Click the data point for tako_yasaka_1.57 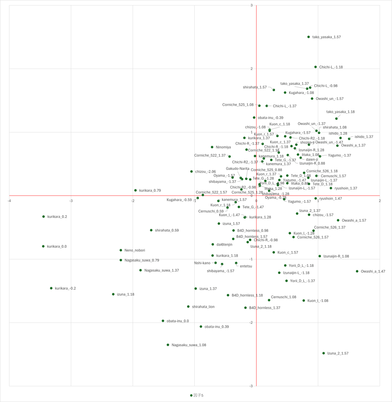point(308,37)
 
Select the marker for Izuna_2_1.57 point(324,353)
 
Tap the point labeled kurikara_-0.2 point(51,288)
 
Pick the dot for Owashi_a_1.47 point(357,271)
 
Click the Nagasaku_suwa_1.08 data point point(168,345)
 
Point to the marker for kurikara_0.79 point(135,190)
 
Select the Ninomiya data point point(212,147)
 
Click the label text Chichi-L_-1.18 point(331,67)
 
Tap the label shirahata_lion point(203,307)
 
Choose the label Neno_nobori point(135,250)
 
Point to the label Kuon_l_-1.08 point(318,301)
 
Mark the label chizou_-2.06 point(206,172)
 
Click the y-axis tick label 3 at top point(252,6)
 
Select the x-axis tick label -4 point(9,201)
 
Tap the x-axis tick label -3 point(71,201)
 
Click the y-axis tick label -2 point(252,323)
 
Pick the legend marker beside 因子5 point(191,395)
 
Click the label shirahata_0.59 point(167,230)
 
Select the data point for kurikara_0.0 point(43,246)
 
